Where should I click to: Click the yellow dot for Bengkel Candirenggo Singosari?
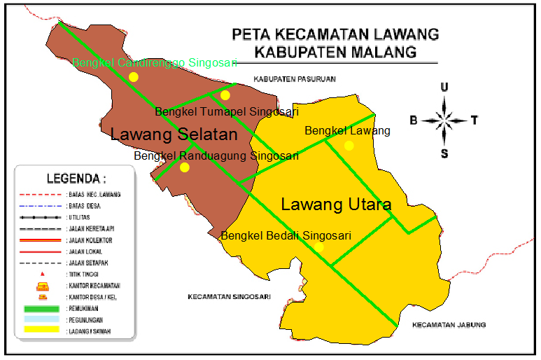[x=134, y=77]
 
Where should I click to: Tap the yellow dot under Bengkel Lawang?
[x=349, y=146]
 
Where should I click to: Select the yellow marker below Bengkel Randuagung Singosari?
[x=185, y=167]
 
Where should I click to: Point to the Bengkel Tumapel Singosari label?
[x=227, y=111]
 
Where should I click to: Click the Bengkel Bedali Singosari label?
[x=286, y=236]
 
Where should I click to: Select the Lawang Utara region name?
[x=335, y=205]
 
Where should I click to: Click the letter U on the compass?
[x=444, y=87]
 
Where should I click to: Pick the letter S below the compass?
[x=444, y=154]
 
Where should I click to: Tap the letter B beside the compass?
[x=414, y=120]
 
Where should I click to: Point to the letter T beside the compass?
[x=474, y=120]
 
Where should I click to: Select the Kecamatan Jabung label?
[x=449, y=325]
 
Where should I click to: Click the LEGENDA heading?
[x=76, y=178]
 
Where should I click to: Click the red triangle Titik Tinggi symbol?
[x=43, y=273]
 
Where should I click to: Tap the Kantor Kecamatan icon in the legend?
[x=43, y=285]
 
